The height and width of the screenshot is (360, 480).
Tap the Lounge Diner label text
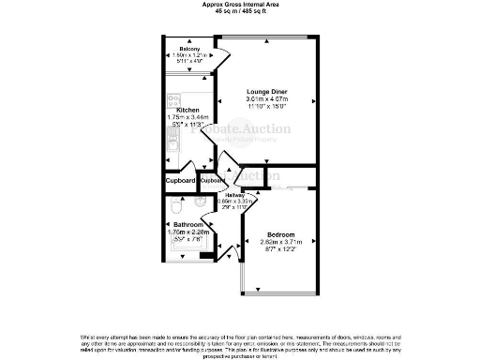[x=265, y=91]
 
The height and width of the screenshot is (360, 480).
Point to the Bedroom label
[x=280, y=233]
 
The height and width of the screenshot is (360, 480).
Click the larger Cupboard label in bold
[x=180, y=180]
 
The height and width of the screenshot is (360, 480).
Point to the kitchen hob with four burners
[x=172, y=100]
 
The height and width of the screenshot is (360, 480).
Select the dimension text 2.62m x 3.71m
[x=280, y=242]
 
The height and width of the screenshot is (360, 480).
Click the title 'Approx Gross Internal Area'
[x=239, y=4]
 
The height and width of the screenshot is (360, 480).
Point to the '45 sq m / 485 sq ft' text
[x=239, y=11]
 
